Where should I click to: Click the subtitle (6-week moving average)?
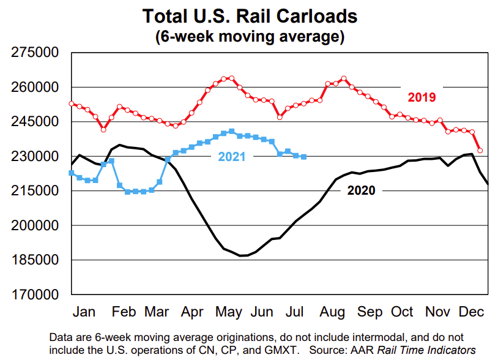(x=249, y=36)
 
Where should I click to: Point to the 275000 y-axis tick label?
(x=35, y=53)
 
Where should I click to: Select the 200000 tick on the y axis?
(x=35, y=226)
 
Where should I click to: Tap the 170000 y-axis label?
(x=35, y=295)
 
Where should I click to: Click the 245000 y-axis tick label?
(x=35, y=122)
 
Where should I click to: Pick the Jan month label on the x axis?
(x=84, y=312)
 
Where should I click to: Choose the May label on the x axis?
(x=229, y=312)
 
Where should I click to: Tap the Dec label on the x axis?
(x=472, y=312)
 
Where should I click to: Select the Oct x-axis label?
(x=403, y=312)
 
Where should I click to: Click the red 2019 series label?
(x=422, y=97)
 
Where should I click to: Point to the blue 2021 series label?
(x=232, y=157)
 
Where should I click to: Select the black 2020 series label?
(x=361, y=190)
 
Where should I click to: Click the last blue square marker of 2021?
(x=303, y=157)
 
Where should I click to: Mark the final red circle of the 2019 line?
(x=480, y=150)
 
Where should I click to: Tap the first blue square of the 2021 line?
(x=72, y=173)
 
